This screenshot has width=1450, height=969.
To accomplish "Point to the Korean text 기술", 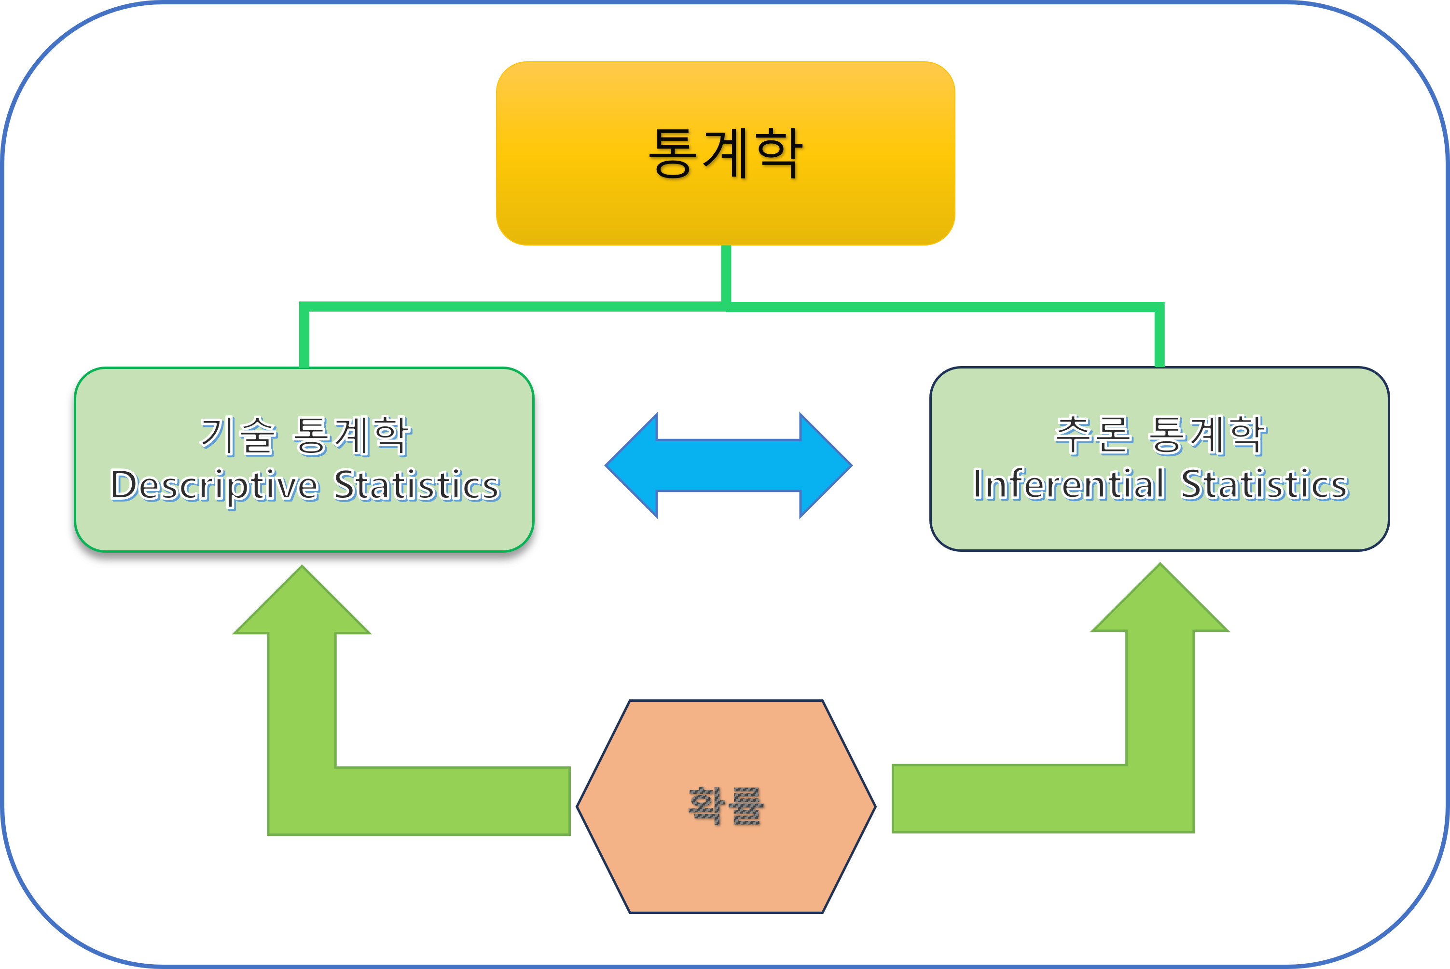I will [x=238, y=435].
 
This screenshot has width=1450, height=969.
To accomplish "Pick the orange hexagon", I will [x=726, y=865].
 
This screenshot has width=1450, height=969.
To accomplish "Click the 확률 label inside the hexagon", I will [x=726, y=805].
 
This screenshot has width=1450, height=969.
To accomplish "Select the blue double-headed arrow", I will [x=728, y=465].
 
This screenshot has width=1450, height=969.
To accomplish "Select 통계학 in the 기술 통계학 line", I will [x=352, y=435].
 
